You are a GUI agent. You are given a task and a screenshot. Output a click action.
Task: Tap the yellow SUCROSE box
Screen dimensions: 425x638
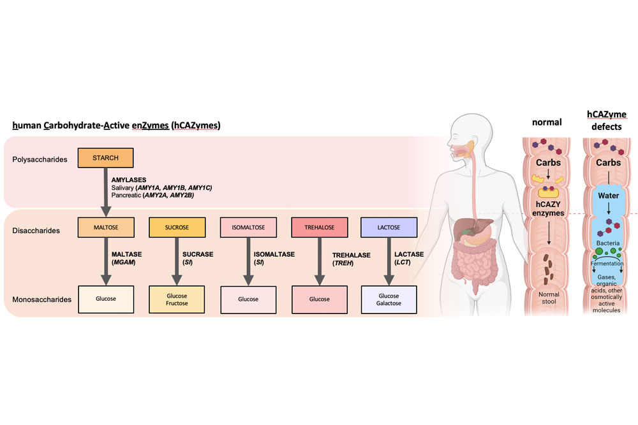tap(177, 227)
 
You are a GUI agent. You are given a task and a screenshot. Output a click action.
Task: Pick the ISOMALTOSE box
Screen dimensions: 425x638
tap(248, 227)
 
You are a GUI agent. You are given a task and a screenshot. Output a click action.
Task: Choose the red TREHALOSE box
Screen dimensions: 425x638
tap(319, 227)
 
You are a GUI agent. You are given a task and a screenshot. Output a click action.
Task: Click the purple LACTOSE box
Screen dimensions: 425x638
tap(389, 227)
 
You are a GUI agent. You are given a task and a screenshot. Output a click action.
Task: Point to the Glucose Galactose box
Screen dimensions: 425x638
tap(389, 299)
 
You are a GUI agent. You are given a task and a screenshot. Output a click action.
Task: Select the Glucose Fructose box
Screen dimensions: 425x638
tap(177, 299)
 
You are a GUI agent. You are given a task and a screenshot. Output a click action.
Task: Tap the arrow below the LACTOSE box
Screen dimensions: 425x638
tap(388, 261)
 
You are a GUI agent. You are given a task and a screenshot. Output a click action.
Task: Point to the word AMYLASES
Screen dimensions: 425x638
tap(130, 180)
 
